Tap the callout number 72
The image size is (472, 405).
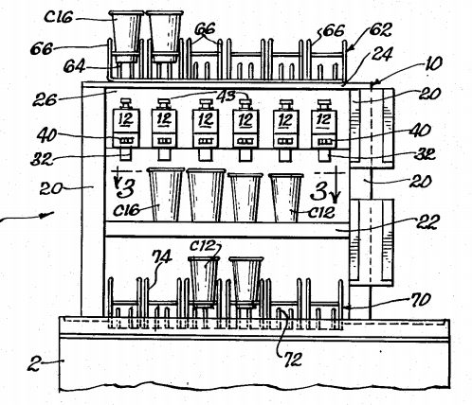293,360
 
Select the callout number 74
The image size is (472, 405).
162,257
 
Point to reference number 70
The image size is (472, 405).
420,300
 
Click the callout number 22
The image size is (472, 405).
427,221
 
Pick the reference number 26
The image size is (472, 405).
45,99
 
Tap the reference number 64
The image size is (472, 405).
74,66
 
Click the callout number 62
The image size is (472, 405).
380,30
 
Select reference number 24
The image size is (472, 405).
382,54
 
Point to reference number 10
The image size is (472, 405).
432,64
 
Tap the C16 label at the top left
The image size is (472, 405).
59,17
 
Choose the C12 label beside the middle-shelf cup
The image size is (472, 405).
321,212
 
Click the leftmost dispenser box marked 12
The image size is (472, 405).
126,123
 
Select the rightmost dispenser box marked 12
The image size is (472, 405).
324,123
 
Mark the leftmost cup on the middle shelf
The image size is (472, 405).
166,194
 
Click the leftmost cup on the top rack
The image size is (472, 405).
126,37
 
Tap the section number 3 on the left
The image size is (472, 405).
125,188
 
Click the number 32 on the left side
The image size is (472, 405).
43,159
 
